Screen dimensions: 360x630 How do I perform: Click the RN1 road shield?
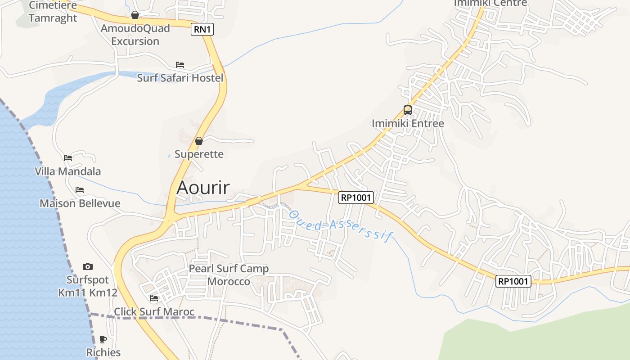(x=202, y=30)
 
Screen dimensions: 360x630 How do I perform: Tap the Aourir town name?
(x=203, y=187)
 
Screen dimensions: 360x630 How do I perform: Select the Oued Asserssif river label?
(x=341, y=225)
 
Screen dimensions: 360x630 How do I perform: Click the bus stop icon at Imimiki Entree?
(x=408, y=110)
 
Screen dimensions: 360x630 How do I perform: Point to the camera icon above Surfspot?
(x=88, y=266)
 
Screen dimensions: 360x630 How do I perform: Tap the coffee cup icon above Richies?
(x=103, y=339)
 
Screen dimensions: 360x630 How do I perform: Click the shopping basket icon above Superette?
(x=199, y=141)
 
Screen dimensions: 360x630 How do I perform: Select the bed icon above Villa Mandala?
(x=68, y=158)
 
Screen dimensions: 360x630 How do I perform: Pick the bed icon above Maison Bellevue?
(x=80, y=190)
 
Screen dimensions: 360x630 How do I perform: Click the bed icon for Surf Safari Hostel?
(x=180, y=65)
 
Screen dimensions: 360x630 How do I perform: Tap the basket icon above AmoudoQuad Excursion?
(x=135, y=15)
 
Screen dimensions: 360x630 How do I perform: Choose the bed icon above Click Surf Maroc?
(x=154, y=298)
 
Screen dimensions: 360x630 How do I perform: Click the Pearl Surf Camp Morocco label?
(x=229, y=275)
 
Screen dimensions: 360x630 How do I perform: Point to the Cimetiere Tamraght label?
(x=53, y=12)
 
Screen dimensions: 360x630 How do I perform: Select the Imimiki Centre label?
(x=490, y=3)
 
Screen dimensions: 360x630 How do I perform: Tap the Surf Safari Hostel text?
(x=180, y=78)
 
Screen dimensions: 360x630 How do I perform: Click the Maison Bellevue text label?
(x=80, y=203)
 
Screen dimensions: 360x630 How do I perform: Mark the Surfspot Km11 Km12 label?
(x=88, y=286)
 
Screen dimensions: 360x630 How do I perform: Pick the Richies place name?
(x=103, y=352)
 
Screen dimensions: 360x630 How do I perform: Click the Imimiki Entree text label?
(x=408, y=123)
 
